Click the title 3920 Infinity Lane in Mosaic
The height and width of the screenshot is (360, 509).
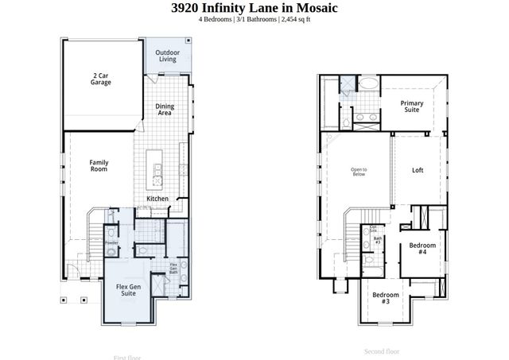(x=254, y=8)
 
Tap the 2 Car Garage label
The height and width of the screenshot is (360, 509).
(x=100, y=79)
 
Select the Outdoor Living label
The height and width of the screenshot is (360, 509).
(x=167, y=56)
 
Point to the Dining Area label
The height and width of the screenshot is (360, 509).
(x=165, y=110)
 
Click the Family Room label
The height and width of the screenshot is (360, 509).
(x=99, y=166)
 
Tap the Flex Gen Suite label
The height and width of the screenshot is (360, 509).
(x=129, y=290)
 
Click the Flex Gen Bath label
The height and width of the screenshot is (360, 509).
(x=173, y=269)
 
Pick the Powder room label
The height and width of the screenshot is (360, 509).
(x=111, y=243)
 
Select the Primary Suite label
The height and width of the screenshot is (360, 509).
(x=411, y=107)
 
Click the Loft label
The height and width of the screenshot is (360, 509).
(x=418, y=170)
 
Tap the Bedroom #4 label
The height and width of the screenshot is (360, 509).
(x=422, y=249)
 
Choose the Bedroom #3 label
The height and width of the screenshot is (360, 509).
(x=385, y=299)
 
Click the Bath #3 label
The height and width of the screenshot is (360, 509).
(x=379, y=239)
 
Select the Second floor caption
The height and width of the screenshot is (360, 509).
(x=382, y=351)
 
